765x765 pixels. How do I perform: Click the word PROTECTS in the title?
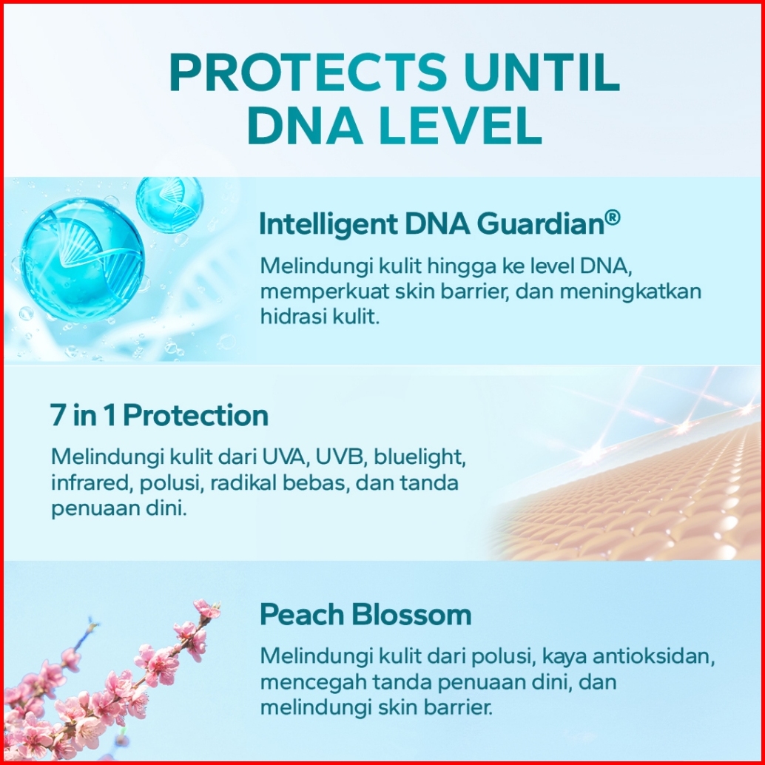pyautogui.click(x=308, y=73)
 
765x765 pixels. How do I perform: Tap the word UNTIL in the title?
pyautogui.click(x=542, y=73)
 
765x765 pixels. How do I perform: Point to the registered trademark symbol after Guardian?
pyautogui.click(x=613, y=218)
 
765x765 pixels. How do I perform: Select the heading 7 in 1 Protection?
pyautogui.click(x=159, y=415)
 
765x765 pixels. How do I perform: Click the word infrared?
pyautogui.click(x=92, y=483)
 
